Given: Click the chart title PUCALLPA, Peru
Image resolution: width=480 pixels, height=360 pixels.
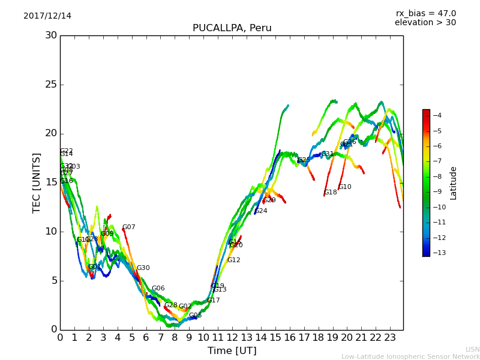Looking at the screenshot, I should click(232, 28).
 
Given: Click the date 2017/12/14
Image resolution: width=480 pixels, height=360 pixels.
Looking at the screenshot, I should click(47, 16).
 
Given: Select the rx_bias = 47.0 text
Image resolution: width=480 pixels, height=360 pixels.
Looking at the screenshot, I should click(425, 14).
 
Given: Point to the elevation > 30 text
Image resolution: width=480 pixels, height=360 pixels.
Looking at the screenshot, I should click(425, 23).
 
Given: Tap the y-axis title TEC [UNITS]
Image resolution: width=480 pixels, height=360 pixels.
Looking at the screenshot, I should click(37, 182).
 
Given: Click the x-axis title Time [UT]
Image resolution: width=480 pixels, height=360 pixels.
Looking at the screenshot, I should click(232, 350).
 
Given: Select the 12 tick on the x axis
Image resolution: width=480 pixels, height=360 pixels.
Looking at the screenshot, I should click(232, 337).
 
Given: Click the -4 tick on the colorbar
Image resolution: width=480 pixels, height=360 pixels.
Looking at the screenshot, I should click(437, 115).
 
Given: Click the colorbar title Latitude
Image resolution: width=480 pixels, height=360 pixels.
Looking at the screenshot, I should click(454, 183).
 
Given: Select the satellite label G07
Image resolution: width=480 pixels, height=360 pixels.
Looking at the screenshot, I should click(129, 227).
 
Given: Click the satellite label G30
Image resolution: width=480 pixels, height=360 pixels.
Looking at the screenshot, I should click(143, 268).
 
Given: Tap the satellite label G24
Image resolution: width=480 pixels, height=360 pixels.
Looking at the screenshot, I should click(261, 211).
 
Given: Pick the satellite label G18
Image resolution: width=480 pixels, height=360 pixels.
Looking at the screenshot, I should click(331, 193).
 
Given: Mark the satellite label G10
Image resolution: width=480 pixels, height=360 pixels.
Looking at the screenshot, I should click(345, 187).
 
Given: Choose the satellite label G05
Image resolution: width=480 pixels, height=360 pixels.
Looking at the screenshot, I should click(196, 316).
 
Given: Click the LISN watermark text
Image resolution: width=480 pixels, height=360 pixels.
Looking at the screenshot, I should click(472, 349).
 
